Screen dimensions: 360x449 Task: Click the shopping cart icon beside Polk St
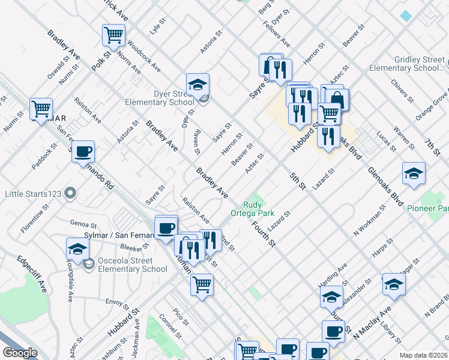pos(113,34)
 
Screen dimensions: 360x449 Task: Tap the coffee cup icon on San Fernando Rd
pos(83,151)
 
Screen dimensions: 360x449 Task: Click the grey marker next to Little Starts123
pos(71,193)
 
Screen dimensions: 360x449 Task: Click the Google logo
pos(19,353)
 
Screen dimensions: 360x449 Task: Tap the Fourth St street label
pos(264,235)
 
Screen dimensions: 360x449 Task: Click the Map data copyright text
pos(423,355)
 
